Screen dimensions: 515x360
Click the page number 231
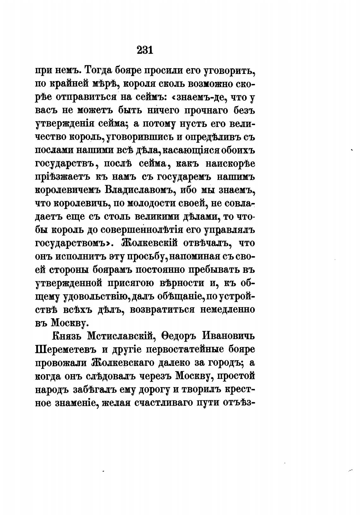click(145, 50)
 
